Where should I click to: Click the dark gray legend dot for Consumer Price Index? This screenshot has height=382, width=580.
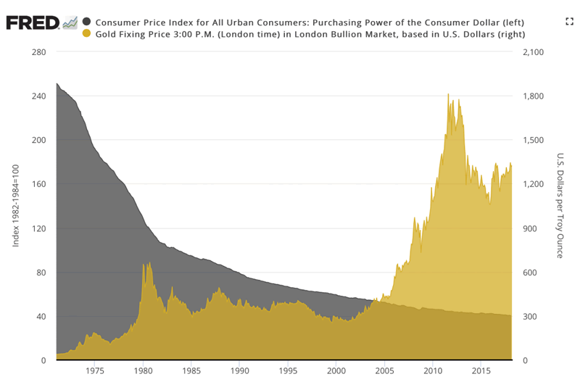[x=87, y=21]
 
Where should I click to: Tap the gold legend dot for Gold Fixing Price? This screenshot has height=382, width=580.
[x=87, y=33]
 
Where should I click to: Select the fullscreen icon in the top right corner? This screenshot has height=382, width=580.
[x=569, y=22]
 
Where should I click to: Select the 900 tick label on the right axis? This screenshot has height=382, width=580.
[x=530, y=228]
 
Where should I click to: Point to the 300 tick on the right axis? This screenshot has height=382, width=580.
[x=530, y=317]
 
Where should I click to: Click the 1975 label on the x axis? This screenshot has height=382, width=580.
[x=95, y=370]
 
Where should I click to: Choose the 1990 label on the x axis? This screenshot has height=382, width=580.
[x=240, y=370]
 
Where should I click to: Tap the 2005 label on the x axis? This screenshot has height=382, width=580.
[x=384, y=370]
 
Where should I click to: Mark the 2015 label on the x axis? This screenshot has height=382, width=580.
[x=481, y=370]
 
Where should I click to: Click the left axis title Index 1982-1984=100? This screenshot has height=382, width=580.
[x=16, y=205]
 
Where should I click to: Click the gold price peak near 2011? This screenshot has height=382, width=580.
[x=448, y=94]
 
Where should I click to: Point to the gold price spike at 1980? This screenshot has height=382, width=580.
[x=144, y=265]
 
